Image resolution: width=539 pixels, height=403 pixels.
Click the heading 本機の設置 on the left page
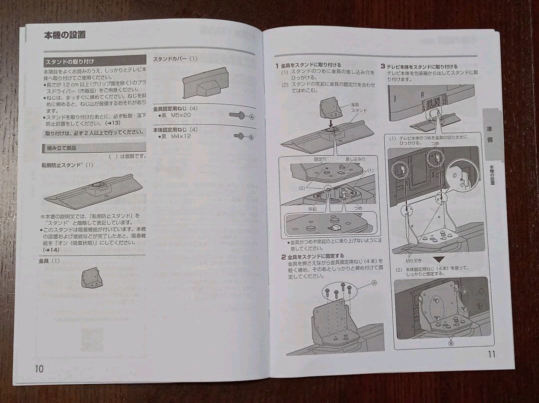(x=65, y=35)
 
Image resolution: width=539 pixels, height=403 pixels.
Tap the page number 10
(x=39, y=369)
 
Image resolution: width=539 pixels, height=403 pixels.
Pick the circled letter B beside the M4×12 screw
(x=251, y=136)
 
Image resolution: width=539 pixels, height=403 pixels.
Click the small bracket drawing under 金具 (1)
(x=92, y=277)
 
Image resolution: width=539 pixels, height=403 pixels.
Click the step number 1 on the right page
(x=276, y=65)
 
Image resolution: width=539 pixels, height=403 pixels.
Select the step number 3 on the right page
(x=383, y=66)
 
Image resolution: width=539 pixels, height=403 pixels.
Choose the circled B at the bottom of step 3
(x=451, y=343)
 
